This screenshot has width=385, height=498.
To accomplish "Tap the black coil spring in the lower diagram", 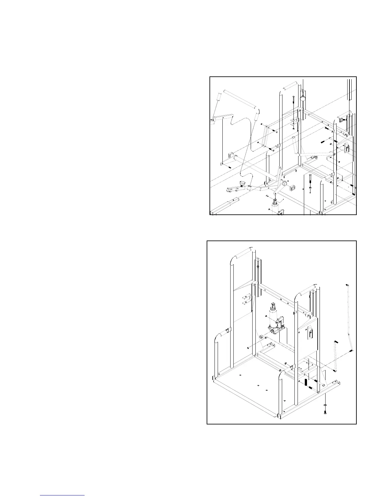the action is click(x=305, y=383).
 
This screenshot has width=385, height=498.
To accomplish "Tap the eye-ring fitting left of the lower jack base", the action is click(x=261, y=337).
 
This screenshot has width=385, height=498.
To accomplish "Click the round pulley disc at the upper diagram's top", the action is click(x=303, y=99).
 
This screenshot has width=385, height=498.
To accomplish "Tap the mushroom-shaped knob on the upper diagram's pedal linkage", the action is click(x=243, y=183).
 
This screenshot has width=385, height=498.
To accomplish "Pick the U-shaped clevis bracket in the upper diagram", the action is click(x=294, y=121).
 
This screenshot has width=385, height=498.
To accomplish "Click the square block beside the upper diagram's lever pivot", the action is click(x=292, y=188).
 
